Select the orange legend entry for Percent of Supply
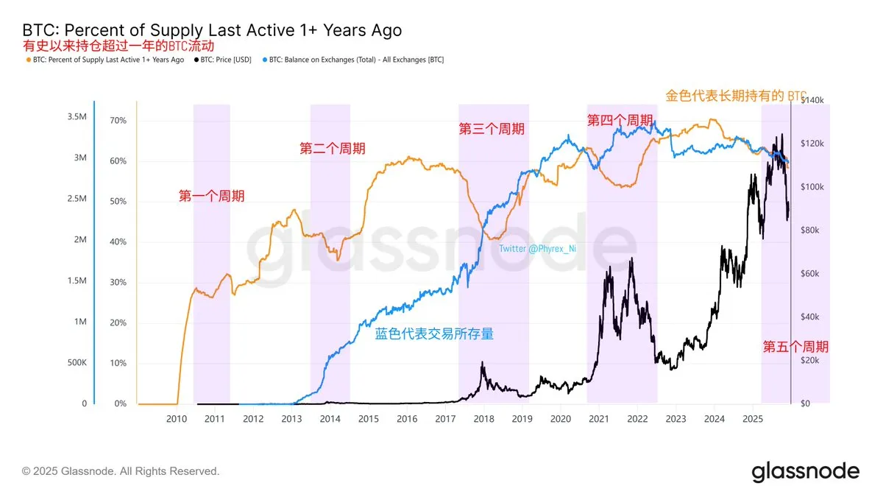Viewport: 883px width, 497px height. [104, 60]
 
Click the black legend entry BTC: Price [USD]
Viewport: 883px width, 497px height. [229, 60]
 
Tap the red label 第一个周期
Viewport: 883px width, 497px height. [212, 196]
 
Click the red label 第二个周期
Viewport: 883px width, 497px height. [333, 148]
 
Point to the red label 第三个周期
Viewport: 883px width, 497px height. [492, 129]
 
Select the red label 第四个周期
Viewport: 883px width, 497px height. [620, 120]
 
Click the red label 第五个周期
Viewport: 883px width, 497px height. [795, 347]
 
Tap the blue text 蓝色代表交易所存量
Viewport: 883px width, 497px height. [434, 334]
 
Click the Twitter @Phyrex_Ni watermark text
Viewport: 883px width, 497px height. [537, 249]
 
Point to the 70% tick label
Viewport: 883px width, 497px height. [118, 120]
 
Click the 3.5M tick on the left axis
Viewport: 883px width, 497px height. [77, 117]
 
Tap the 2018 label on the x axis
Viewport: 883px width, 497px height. [483, 419]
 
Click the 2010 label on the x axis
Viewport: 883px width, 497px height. [176, 419]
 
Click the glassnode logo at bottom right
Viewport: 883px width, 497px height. [805, 471]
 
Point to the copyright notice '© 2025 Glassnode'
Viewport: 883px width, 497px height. [121, 471]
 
